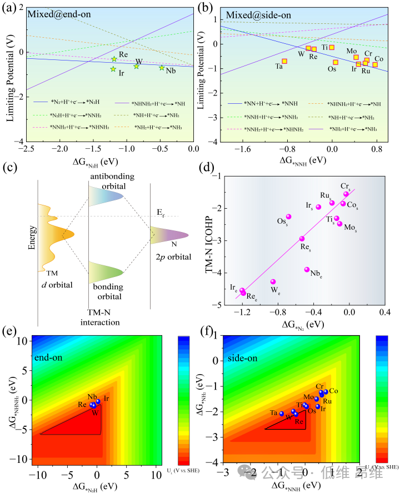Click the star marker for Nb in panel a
click(x=162, y=68)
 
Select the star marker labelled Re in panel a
click(x=114, y=59)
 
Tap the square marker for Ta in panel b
click(x=284, y=61)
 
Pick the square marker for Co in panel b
click(x=375, y=64)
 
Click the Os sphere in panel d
click(x=288, y=216)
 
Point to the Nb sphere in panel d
click(x=307, y=270)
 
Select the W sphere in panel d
click(x=273, y=282)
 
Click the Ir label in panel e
click(x=106, y=398)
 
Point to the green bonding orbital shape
click(x=106, y=271)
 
